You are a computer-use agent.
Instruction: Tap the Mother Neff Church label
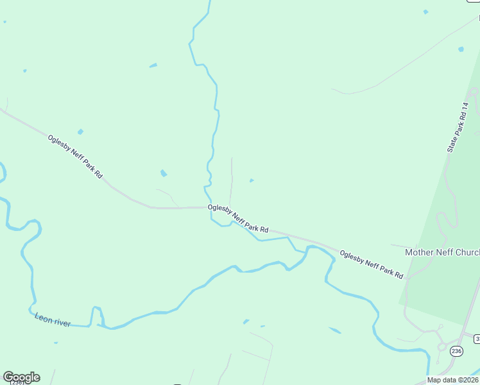point(441,252)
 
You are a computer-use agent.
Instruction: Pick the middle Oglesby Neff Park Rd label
point(237,219)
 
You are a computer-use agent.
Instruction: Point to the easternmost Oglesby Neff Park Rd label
point(371,264)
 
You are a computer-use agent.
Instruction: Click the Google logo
point(21,377)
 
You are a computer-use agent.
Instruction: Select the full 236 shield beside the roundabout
point(456,351)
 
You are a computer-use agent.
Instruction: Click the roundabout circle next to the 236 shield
point(442,347)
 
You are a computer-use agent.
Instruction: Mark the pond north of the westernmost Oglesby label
point(80,132)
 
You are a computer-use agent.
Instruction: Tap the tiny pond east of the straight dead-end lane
point(252,180)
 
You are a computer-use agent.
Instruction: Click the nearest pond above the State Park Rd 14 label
point(461,49)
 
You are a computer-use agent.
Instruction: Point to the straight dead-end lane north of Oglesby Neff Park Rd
point(231,180)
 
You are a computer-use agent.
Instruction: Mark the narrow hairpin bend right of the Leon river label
point(98,316)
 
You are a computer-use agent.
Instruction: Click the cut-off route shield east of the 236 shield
point(477,338)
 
